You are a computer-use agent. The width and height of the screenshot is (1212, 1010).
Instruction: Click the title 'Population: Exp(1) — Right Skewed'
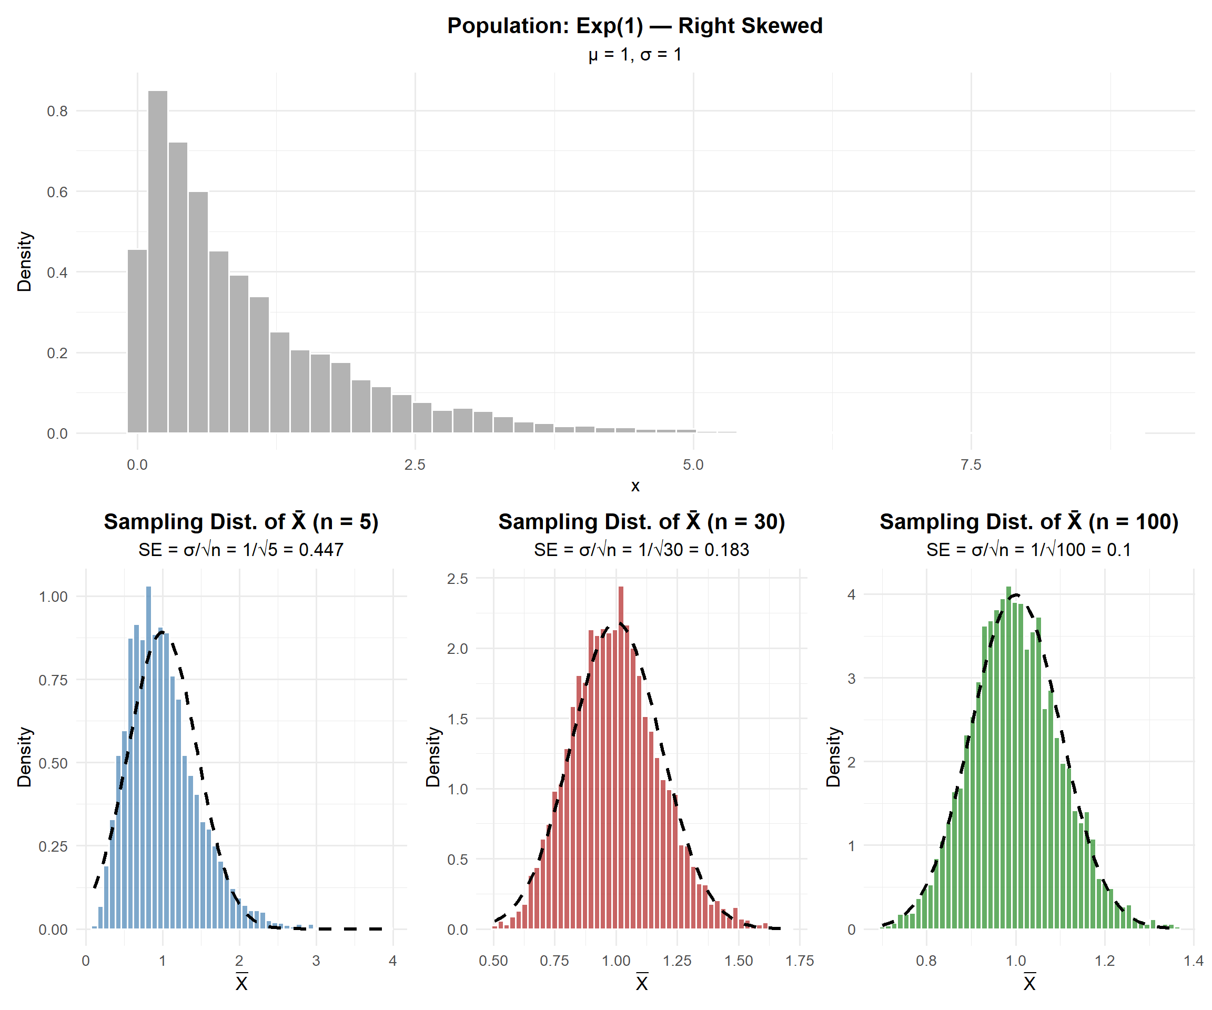click(x=635, y=26)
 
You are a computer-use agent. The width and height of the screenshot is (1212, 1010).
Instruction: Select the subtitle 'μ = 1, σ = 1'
click(x=635, y=55)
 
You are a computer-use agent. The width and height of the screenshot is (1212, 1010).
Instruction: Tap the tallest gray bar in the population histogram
click(x=158, y=260)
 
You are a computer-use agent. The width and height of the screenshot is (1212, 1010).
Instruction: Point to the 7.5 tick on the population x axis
click(x=971, y=464)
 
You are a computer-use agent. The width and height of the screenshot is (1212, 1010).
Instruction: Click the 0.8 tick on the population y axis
click(x=57, y=111)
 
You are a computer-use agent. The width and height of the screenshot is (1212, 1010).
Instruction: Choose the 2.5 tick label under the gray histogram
click(x=415, y=464)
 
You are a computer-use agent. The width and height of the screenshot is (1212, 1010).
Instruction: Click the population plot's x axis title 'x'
click(x=635, y=486)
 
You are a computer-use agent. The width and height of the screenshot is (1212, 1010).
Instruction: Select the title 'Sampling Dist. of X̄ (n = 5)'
click(x=241, y=522)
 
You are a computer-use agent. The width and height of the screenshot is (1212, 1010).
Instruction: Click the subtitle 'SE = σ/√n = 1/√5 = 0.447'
click(x=241, y=549)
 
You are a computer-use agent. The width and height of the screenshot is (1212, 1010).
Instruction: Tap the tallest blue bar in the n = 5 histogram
click(x=148, y=756)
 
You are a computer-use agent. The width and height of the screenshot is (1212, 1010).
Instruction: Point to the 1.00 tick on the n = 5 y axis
click(x=53, y=597)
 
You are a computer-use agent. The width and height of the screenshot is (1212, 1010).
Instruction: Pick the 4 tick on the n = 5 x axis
click(x=392, y=961)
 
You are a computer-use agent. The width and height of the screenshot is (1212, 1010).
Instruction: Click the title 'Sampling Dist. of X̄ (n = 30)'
click(x=642, y=522)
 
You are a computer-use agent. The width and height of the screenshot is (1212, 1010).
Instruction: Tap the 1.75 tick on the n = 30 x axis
click(x=800, y=961)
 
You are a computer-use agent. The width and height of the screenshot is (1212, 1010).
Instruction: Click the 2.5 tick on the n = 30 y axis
click(x=457, y=579)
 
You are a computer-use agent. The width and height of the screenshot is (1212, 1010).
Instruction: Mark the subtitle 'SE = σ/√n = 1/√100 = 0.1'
click(x=1028, y=549)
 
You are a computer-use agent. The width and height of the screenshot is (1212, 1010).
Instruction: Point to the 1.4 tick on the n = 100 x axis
click(x=1194, y=961)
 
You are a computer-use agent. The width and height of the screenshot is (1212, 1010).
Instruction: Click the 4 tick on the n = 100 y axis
click(x=851, y=595)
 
